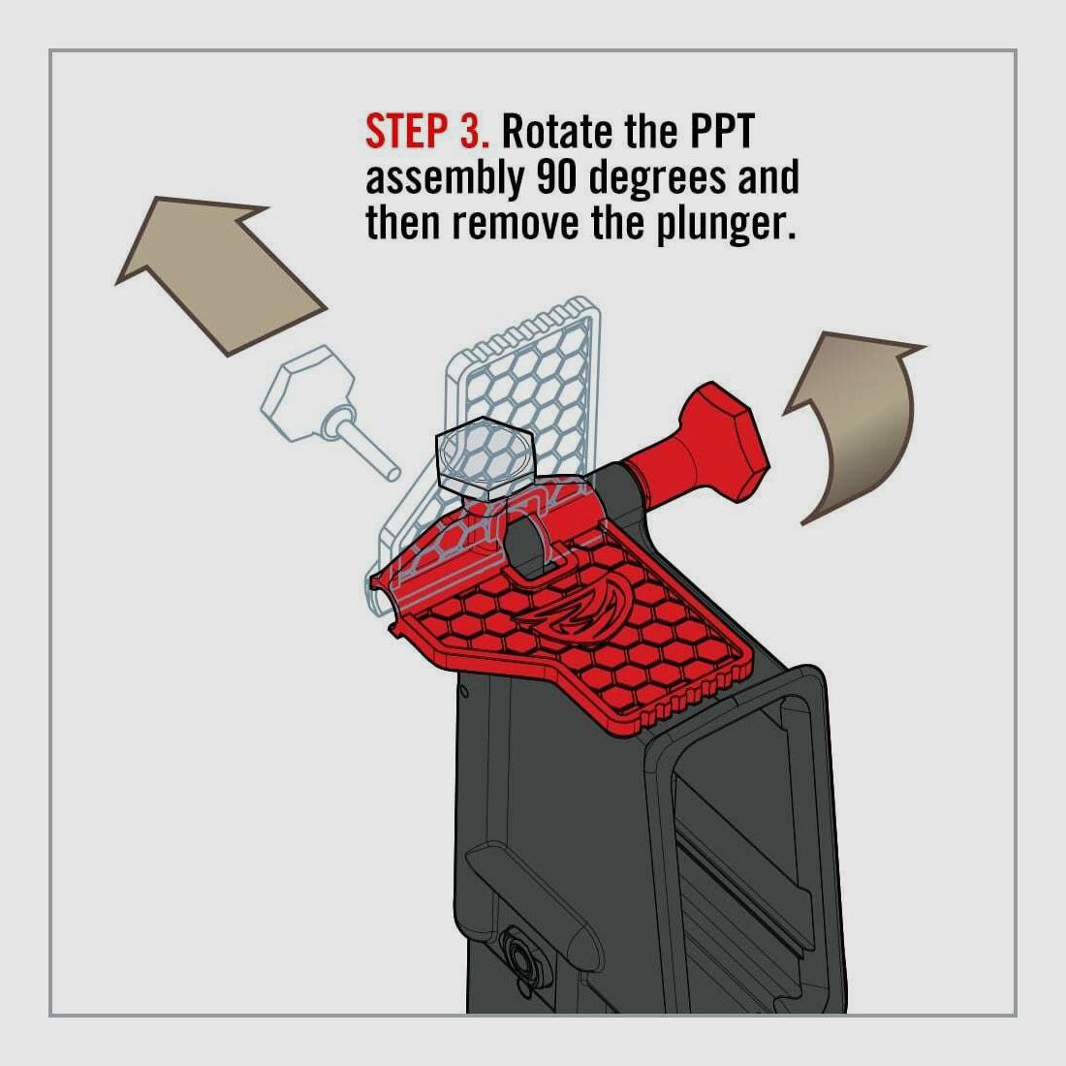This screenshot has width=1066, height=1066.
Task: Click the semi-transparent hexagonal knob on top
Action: pyautogui.click(x=483, y=461)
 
